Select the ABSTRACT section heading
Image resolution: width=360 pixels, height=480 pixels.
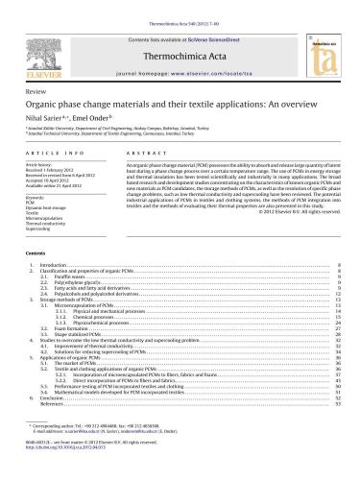(140, 154)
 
